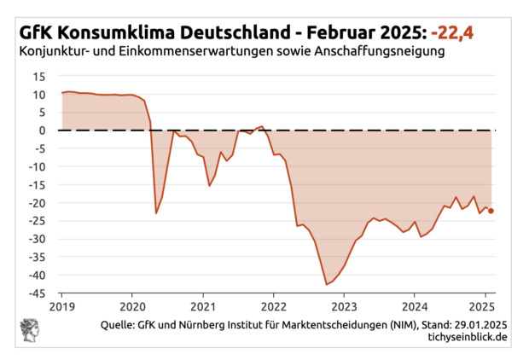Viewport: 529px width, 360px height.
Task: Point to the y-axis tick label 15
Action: tap(39, 76)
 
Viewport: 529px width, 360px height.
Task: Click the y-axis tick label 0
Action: tap(42, 130)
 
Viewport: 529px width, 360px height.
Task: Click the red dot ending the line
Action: tap(491, 211)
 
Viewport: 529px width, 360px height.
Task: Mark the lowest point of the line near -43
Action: tap(327, 284)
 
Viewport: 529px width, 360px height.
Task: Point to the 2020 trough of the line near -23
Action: tap(156, 212)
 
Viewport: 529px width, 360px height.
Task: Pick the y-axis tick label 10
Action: tap(39, 94)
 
